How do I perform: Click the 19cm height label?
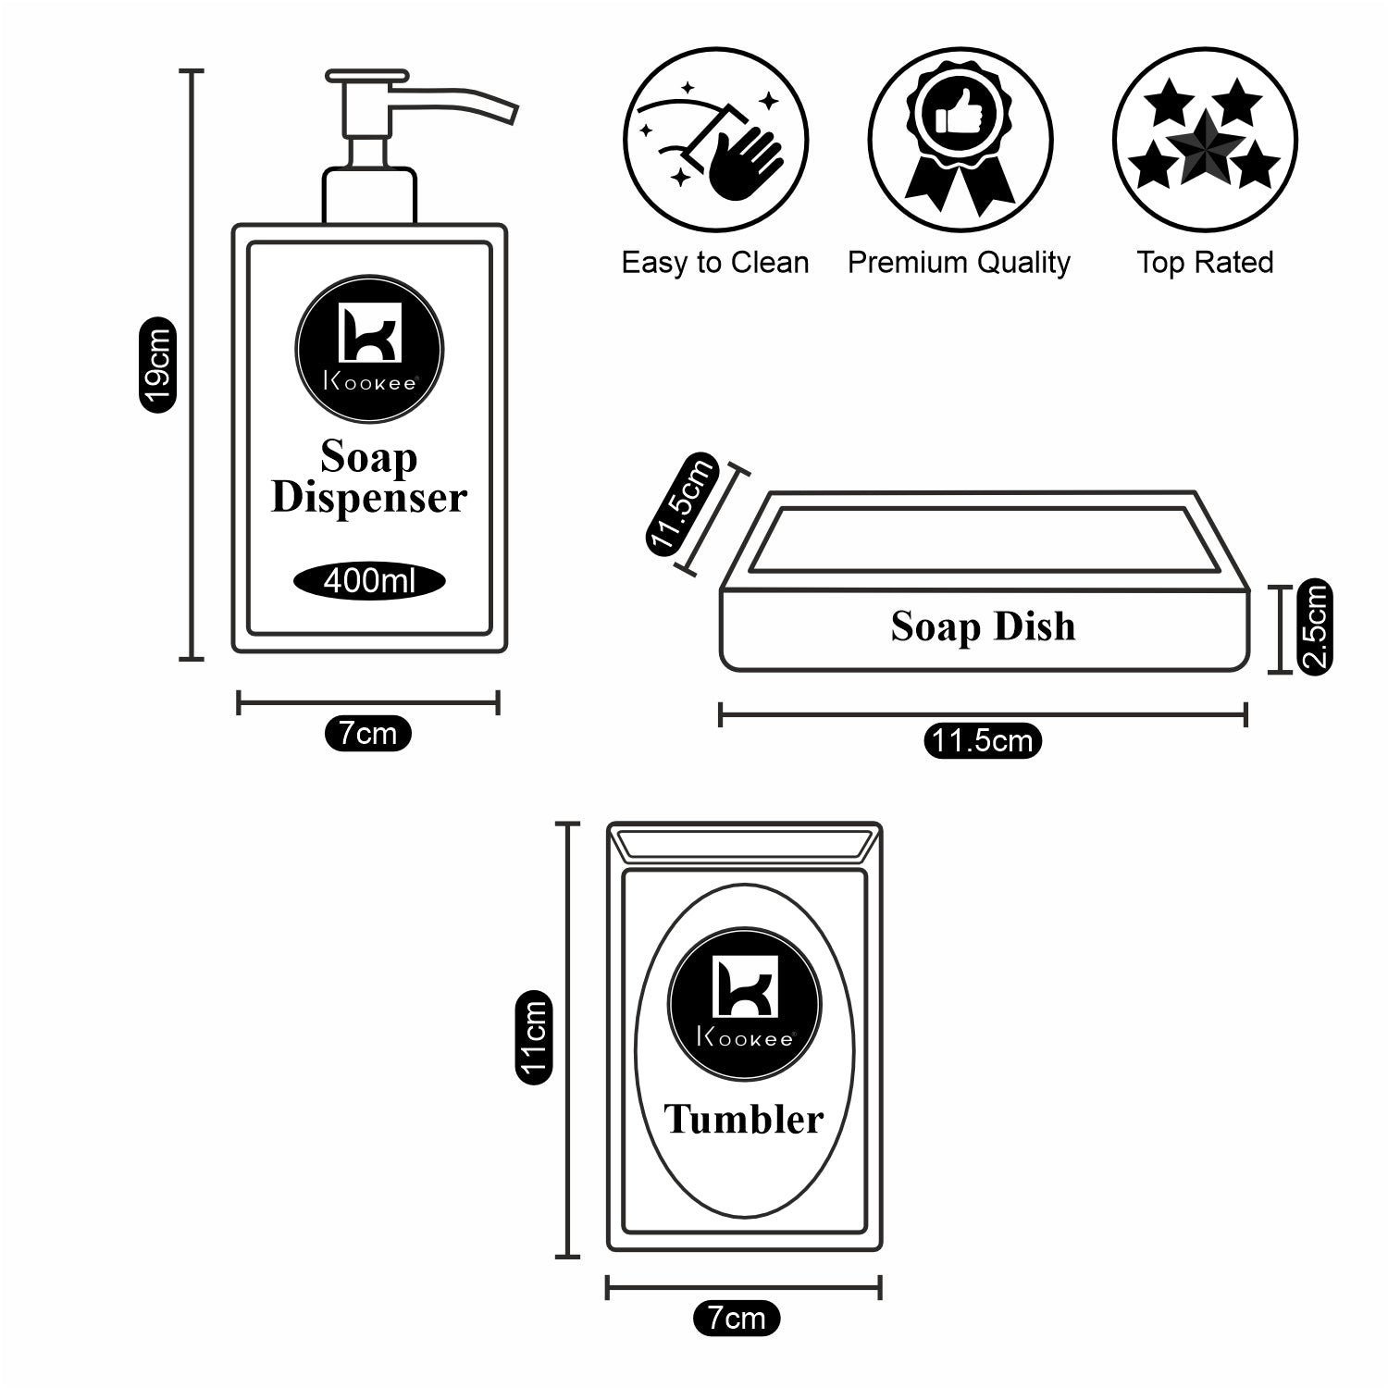pos(157,365)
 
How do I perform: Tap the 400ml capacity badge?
pos(369,581)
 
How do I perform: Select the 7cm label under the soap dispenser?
pos(367,734)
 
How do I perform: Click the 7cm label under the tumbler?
pos(737,1318)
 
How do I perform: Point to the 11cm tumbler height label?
pos(534,1035)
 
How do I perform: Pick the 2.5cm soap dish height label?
pos(1315,626)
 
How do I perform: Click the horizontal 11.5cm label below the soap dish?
pos(982,741)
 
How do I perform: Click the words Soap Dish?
pos(983,626)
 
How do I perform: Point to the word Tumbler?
pos(743,1120)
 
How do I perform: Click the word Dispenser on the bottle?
pos(368,498)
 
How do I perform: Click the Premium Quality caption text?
pos(959,263)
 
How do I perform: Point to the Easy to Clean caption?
pos(715,263)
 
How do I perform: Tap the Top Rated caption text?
pos(1205,263)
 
